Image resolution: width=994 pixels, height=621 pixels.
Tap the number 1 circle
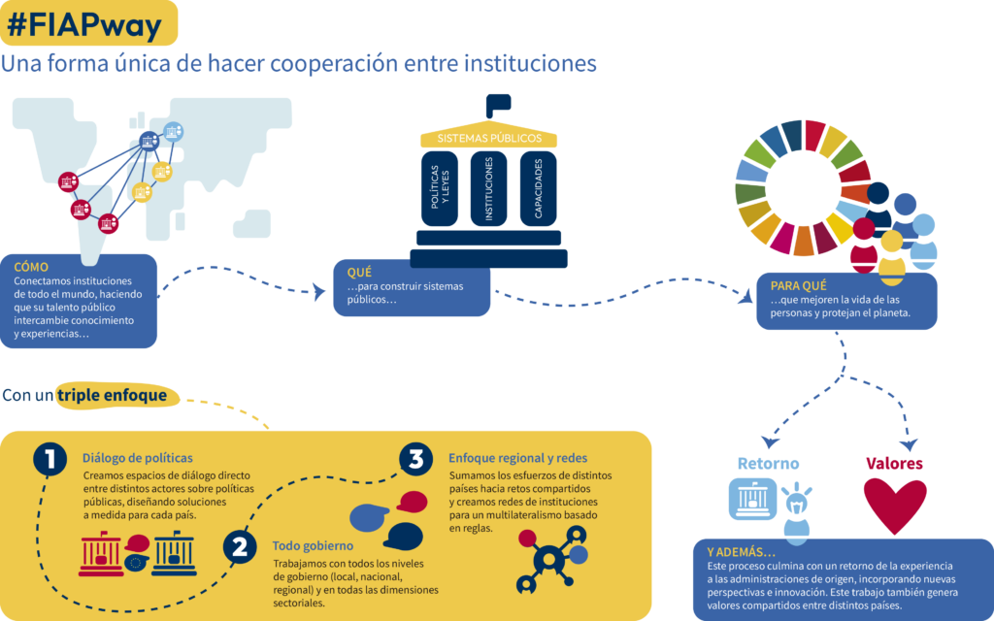click(x=50, y=459)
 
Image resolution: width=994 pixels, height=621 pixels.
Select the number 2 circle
click(x=240, y=547)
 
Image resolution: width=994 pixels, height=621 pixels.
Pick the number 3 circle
click(x=415, y=458)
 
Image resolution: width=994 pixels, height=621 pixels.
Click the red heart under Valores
click(x=895, y=505)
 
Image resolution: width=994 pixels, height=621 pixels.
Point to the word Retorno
click(x=768, y=463)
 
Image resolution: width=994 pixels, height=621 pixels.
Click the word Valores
click(x=894, y=463)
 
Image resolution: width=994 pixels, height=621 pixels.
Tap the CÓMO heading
click(x=32, y=266)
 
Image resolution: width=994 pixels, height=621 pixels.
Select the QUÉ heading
click(x=359, y=273)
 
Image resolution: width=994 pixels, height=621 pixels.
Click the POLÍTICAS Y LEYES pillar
click(x=440, y=188)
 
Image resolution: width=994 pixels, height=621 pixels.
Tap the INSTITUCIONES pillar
click(x=488, y=188)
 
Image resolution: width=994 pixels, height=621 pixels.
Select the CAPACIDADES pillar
click(x=538, y=188)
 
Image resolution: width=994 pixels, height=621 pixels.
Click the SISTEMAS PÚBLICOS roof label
click(x=489, y=139)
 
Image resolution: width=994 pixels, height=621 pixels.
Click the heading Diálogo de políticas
click(x=138, y=458)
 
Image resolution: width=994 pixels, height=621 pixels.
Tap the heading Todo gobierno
click(x=312, y=546)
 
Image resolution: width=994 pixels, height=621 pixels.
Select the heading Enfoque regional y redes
click(x=517, y=458)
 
